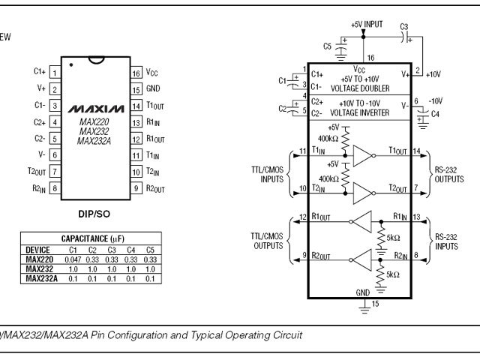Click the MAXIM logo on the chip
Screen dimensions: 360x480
(x=95, y=109)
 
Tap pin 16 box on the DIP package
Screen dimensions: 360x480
(x=136, y=73)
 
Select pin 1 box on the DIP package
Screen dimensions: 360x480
(x=55, y=73)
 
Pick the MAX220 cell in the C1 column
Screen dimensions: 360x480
(x=73, y=259)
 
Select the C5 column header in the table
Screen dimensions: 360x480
(x=150, y=249)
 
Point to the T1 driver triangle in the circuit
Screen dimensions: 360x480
(x=363, y=155)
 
